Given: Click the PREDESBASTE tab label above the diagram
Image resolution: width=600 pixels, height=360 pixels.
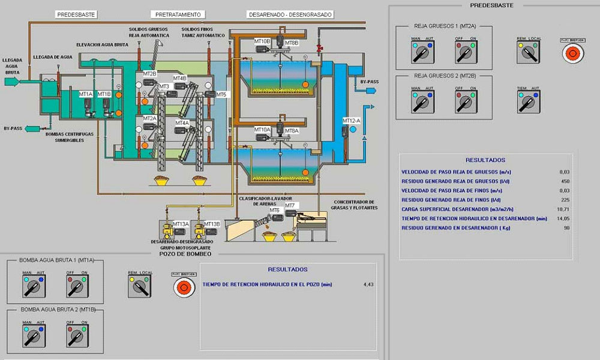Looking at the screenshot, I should tap(76, 14).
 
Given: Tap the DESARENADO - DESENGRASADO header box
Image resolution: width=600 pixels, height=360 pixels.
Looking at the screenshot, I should tap(290, 14).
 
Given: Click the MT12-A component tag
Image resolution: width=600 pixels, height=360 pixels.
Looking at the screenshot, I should tap(351, 121).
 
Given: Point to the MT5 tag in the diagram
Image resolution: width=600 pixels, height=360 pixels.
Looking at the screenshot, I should tap(221, 94).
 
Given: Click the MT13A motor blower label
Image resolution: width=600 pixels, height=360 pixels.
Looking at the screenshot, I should tap(181, 224).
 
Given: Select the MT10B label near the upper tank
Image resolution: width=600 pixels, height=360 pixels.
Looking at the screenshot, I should tap(262, 41).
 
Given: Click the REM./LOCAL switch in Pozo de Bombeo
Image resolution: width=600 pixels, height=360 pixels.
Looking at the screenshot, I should tap(140, 288).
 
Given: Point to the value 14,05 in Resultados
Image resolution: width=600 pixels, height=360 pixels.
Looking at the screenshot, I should tap(563, 218).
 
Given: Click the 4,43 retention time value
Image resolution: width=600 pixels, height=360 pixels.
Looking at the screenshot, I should tap(368, 284).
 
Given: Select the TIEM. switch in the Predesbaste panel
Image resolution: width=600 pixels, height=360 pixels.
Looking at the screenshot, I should tap(527, 103).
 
